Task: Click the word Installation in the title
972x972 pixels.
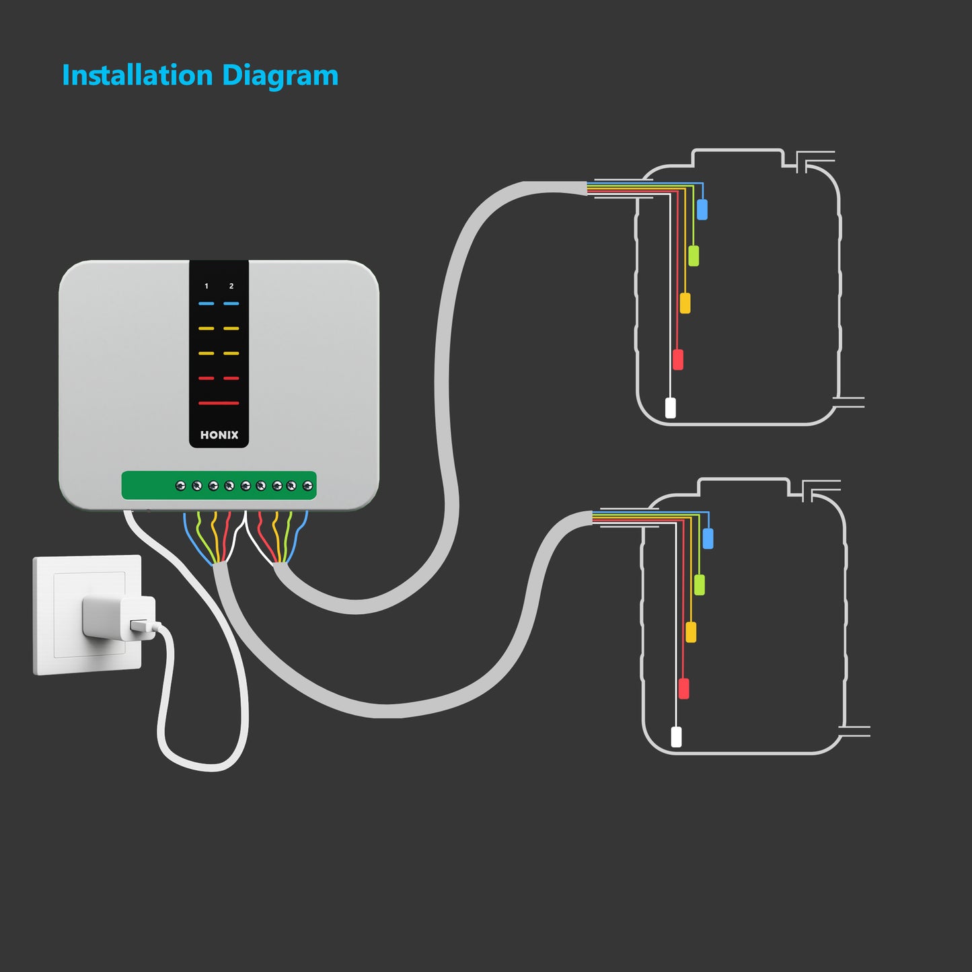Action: pos(137,75)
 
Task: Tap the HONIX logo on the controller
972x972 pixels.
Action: pos(219,435)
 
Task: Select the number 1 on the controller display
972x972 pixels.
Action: pos(207,287)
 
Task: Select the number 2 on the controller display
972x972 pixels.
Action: pos(231,287)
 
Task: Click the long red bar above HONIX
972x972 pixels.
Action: pos(219,403)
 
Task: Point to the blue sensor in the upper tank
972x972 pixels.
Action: pos(702,209)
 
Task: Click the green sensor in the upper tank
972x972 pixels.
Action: pos(694,256)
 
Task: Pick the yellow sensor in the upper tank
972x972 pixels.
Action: pos(685,303)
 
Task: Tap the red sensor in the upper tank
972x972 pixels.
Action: pos(678,359)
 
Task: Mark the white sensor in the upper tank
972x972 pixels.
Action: pos(670,408)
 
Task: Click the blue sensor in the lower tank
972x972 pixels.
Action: pos(708,538)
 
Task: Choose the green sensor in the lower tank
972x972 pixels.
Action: pos(700,585)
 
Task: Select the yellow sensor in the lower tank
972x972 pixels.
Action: pos(691,632)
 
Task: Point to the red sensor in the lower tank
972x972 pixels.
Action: pos(683,688)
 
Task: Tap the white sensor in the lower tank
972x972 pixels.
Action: pos(676,737)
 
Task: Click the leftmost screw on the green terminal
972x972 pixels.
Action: pos(180,486)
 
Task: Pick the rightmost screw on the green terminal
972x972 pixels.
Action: pos(308,486)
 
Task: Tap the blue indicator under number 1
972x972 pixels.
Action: pos(207,304)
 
